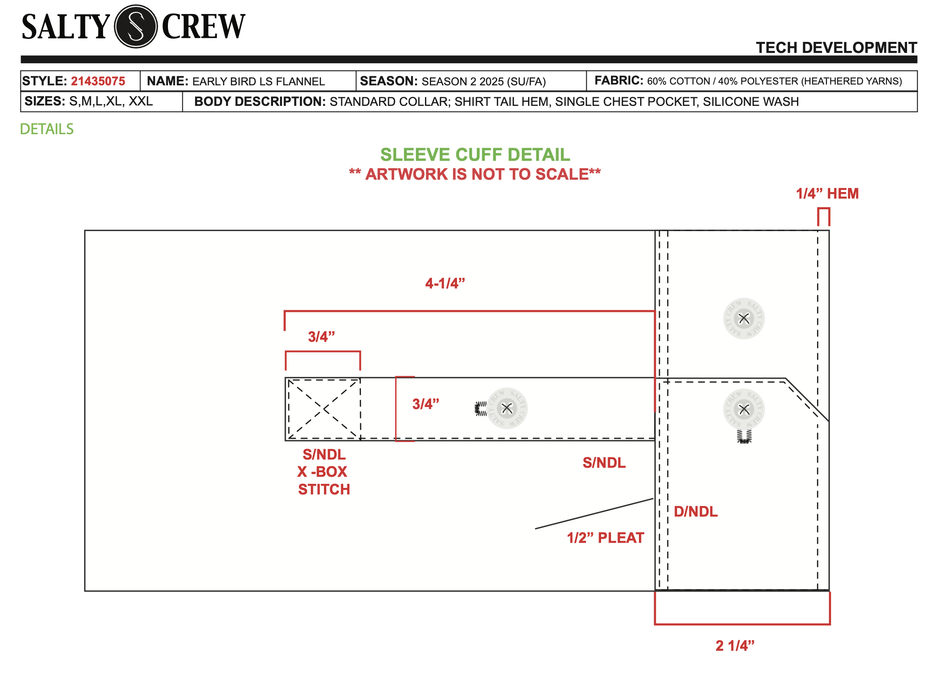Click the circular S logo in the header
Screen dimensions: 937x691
pyautogui.click(x=135, y=26)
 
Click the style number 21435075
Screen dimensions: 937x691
pyautogui.click(x=98, y=81)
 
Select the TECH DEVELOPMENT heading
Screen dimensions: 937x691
pyautogui.click(x=836, y=48)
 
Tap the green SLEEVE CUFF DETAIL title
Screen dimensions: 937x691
pyautogui.click(x=475, y=155)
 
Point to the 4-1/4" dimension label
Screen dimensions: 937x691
pyautogui.click(x=445, y=284)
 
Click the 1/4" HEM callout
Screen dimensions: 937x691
pyautogui.click(x=827, y=194)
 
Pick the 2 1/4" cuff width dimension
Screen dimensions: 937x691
pyautogui.click(x=735, y=645)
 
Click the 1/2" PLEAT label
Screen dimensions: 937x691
pyautogui.click(x=605, y=538)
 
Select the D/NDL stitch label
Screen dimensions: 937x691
pyautogui.click(x=695, y=512)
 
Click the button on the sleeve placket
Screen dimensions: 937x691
pyautogui.click(x=507, y=408)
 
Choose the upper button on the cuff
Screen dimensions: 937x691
pyautogui.click(x=744, y=319)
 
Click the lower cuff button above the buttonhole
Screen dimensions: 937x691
pyautogui.click(x=744, y=410)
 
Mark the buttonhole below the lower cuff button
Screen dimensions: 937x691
pyautogui.click(x=744, y=436)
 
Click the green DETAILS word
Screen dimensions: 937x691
pyautogui.click(x=47, y=129)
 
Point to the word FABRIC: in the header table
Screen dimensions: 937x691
pyautogui.click(x=618, y=80)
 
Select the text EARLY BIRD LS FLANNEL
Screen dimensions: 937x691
pyautogui.click(x=258, y=82)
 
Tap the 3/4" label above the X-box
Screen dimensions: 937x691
pyautogui.click(x=321, y=337)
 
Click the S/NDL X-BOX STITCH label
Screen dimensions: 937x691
pyautogui.click(x=324, y=472)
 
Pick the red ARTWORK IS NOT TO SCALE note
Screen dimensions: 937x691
pyautogui.click(x=475, y=174)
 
